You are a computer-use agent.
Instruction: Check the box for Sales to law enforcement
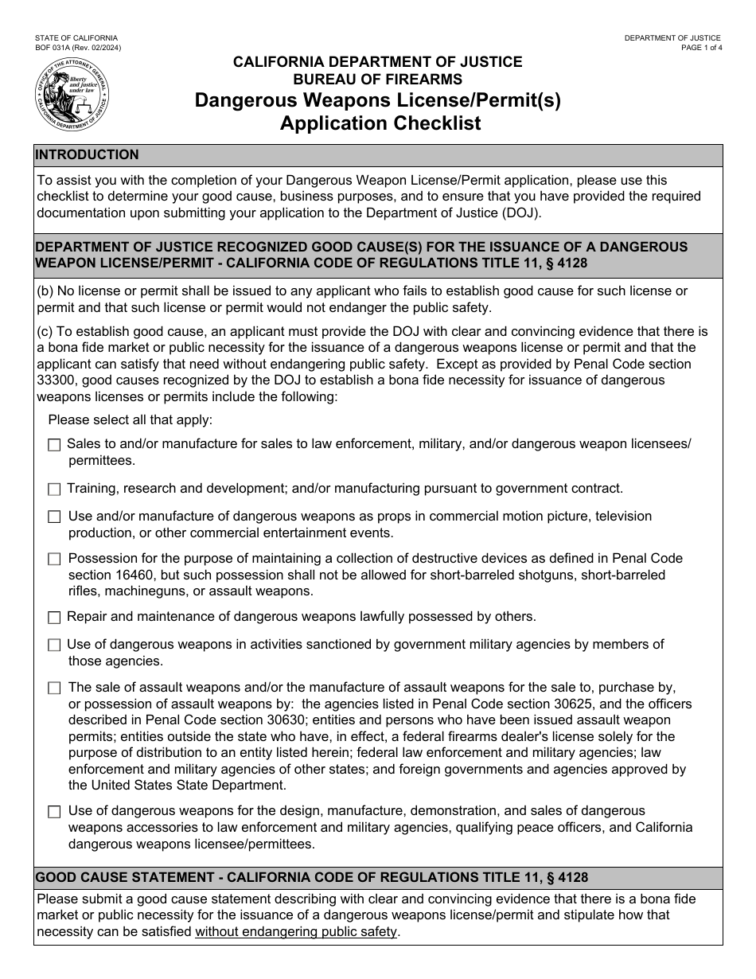tap(54, 445)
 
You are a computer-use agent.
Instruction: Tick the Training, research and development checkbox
tap(54, 489)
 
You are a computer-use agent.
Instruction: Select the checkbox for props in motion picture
tap(54, 517)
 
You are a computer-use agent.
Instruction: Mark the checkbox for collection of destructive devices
tap(54, 560)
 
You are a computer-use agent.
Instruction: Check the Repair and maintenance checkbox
tap(54, 617)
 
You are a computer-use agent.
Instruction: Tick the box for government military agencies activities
tap(54, 645)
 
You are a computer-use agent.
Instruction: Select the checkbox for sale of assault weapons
tap(54, 688)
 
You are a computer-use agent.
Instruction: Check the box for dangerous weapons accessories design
tap(54, 812)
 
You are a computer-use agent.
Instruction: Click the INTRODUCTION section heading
tap(88, 154)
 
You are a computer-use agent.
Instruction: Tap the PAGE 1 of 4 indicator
tap(701, 48)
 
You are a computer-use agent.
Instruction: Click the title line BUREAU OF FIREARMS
tap(378, 79)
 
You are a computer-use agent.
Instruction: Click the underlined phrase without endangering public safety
tap(296, 931)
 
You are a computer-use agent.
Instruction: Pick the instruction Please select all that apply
tap(131, 419)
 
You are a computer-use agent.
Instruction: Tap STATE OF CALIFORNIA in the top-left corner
tap(76, 38)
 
